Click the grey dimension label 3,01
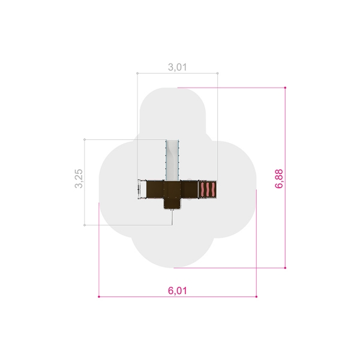pos(177,67)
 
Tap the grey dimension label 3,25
pos(79,179)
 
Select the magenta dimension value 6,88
pos(279,179)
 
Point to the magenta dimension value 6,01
pos(178,290)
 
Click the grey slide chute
pos(172,160)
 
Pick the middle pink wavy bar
pos(208,190)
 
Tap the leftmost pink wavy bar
pos(202,190)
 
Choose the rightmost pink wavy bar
pos(213,190)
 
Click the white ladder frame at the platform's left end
pos(139,190)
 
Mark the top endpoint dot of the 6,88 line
pos(285,88)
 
